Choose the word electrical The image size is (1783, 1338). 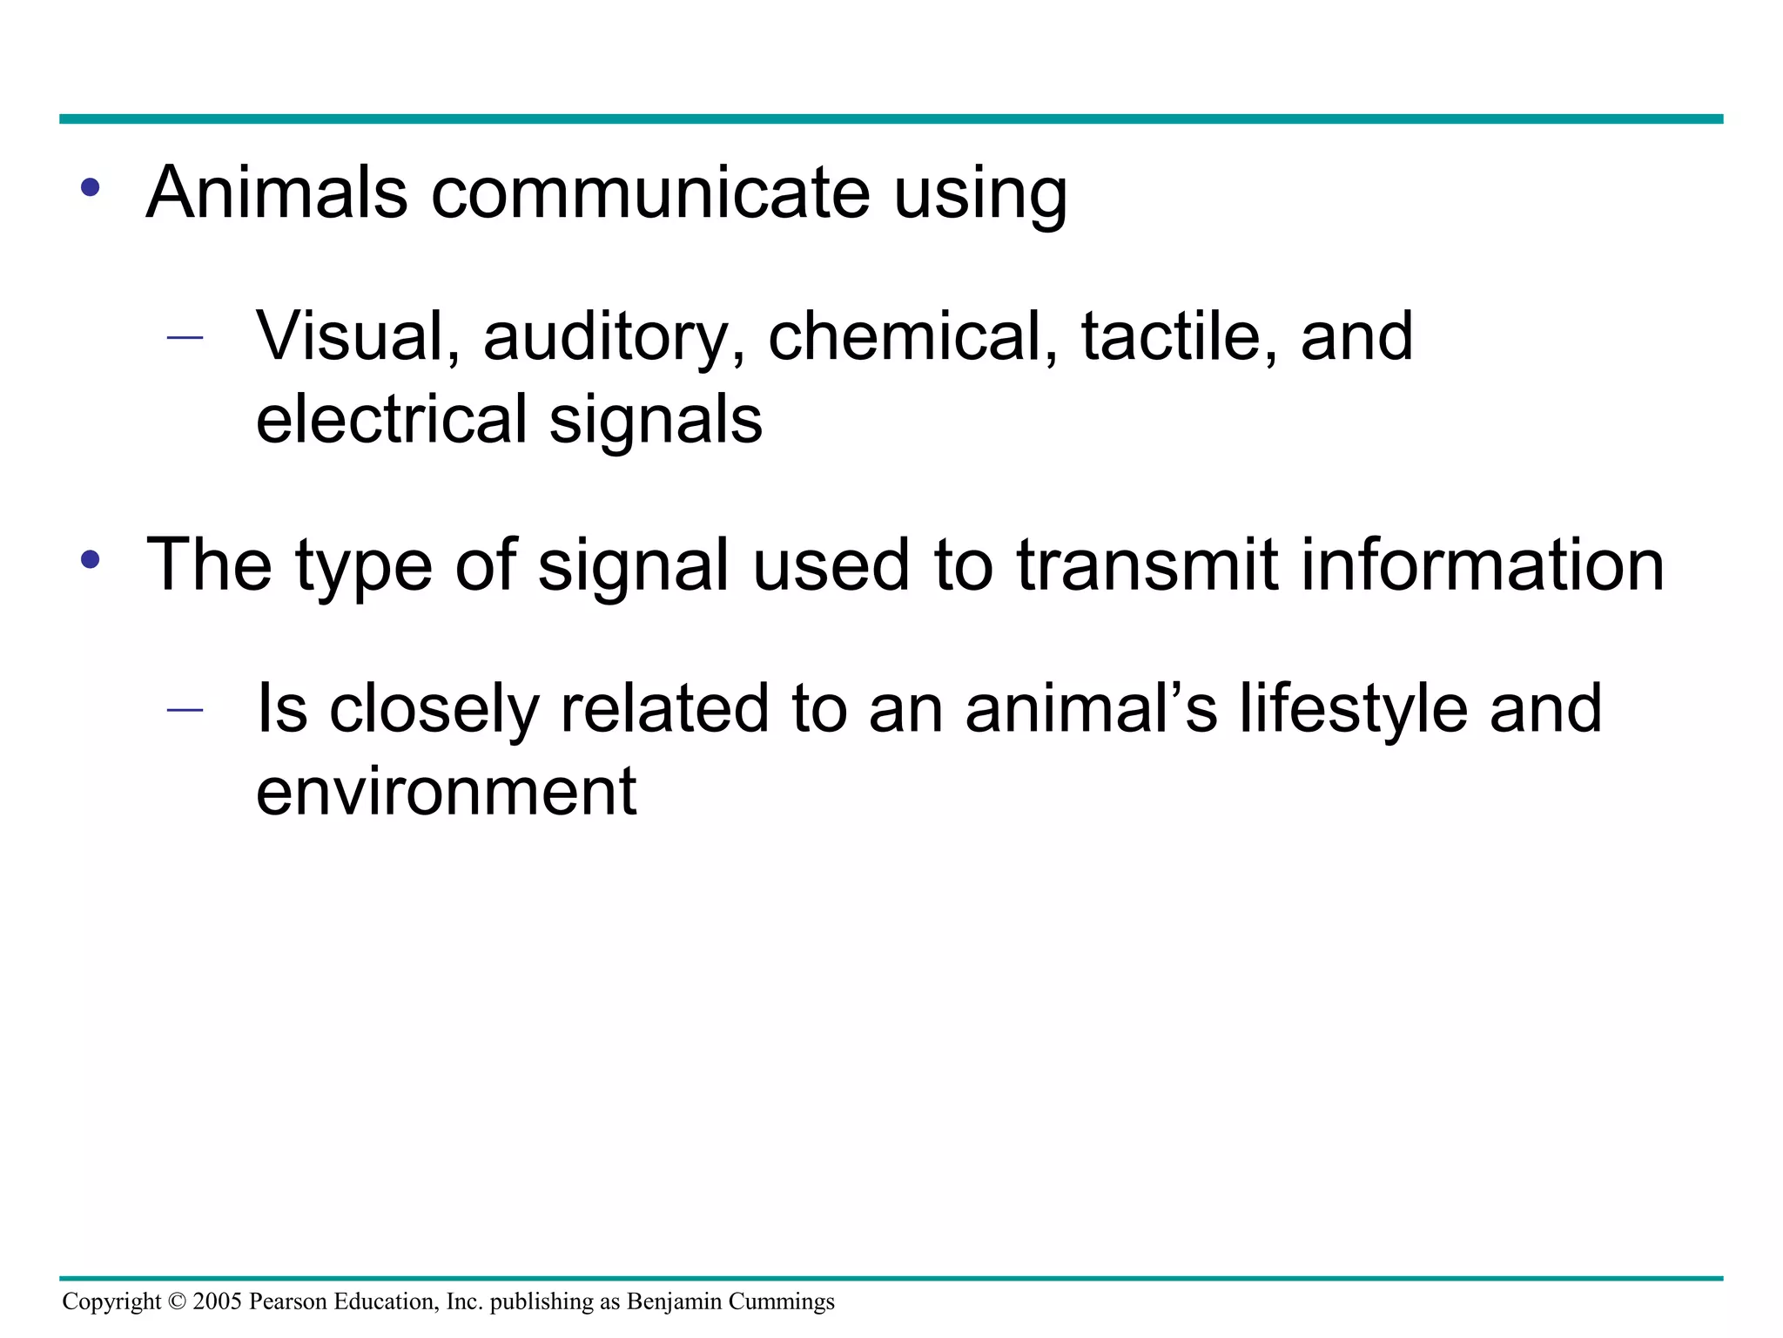pyautogui.click(x=391, y=419)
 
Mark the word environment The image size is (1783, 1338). pyautogui.click(x=446, y=791)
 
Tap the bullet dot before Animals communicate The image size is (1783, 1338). pyautogui.click(x=90, y=187)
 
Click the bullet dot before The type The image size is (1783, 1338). pyautogui.click(x=90, y=559)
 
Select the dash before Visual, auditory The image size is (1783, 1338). pyautogui.click(x=185, y=338)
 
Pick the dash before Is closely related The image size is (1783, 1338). pyautogui.click(x=185, y=710)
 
